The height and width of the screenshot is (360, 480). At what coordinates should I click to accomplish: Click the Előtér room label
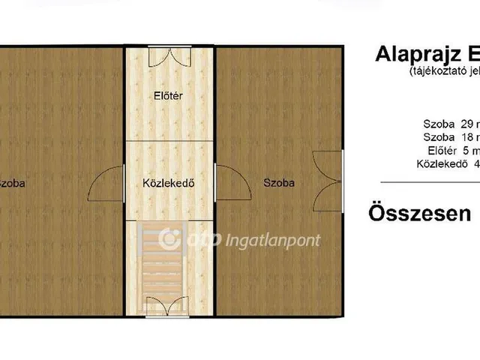tap(169, 95)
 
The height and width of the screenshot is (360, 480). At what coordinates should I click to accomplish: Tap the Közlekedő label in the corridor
tap(169, 182)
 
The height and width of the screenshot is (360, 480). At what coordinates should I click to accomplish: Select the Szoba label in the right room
tap(279, 182)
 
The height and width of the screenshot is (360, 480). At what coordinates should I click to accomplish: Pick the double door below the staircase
tap(169, 306)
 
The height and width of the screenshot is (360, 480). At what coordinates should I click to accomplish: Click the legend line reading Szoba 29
tap(448, 123)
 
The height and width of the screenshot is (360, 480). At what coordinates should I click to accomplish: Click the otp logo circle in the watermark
tap(169, 240)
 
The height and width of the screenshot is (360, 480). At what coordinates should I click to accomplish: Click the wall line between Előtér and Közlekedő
tap(169, 140)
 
